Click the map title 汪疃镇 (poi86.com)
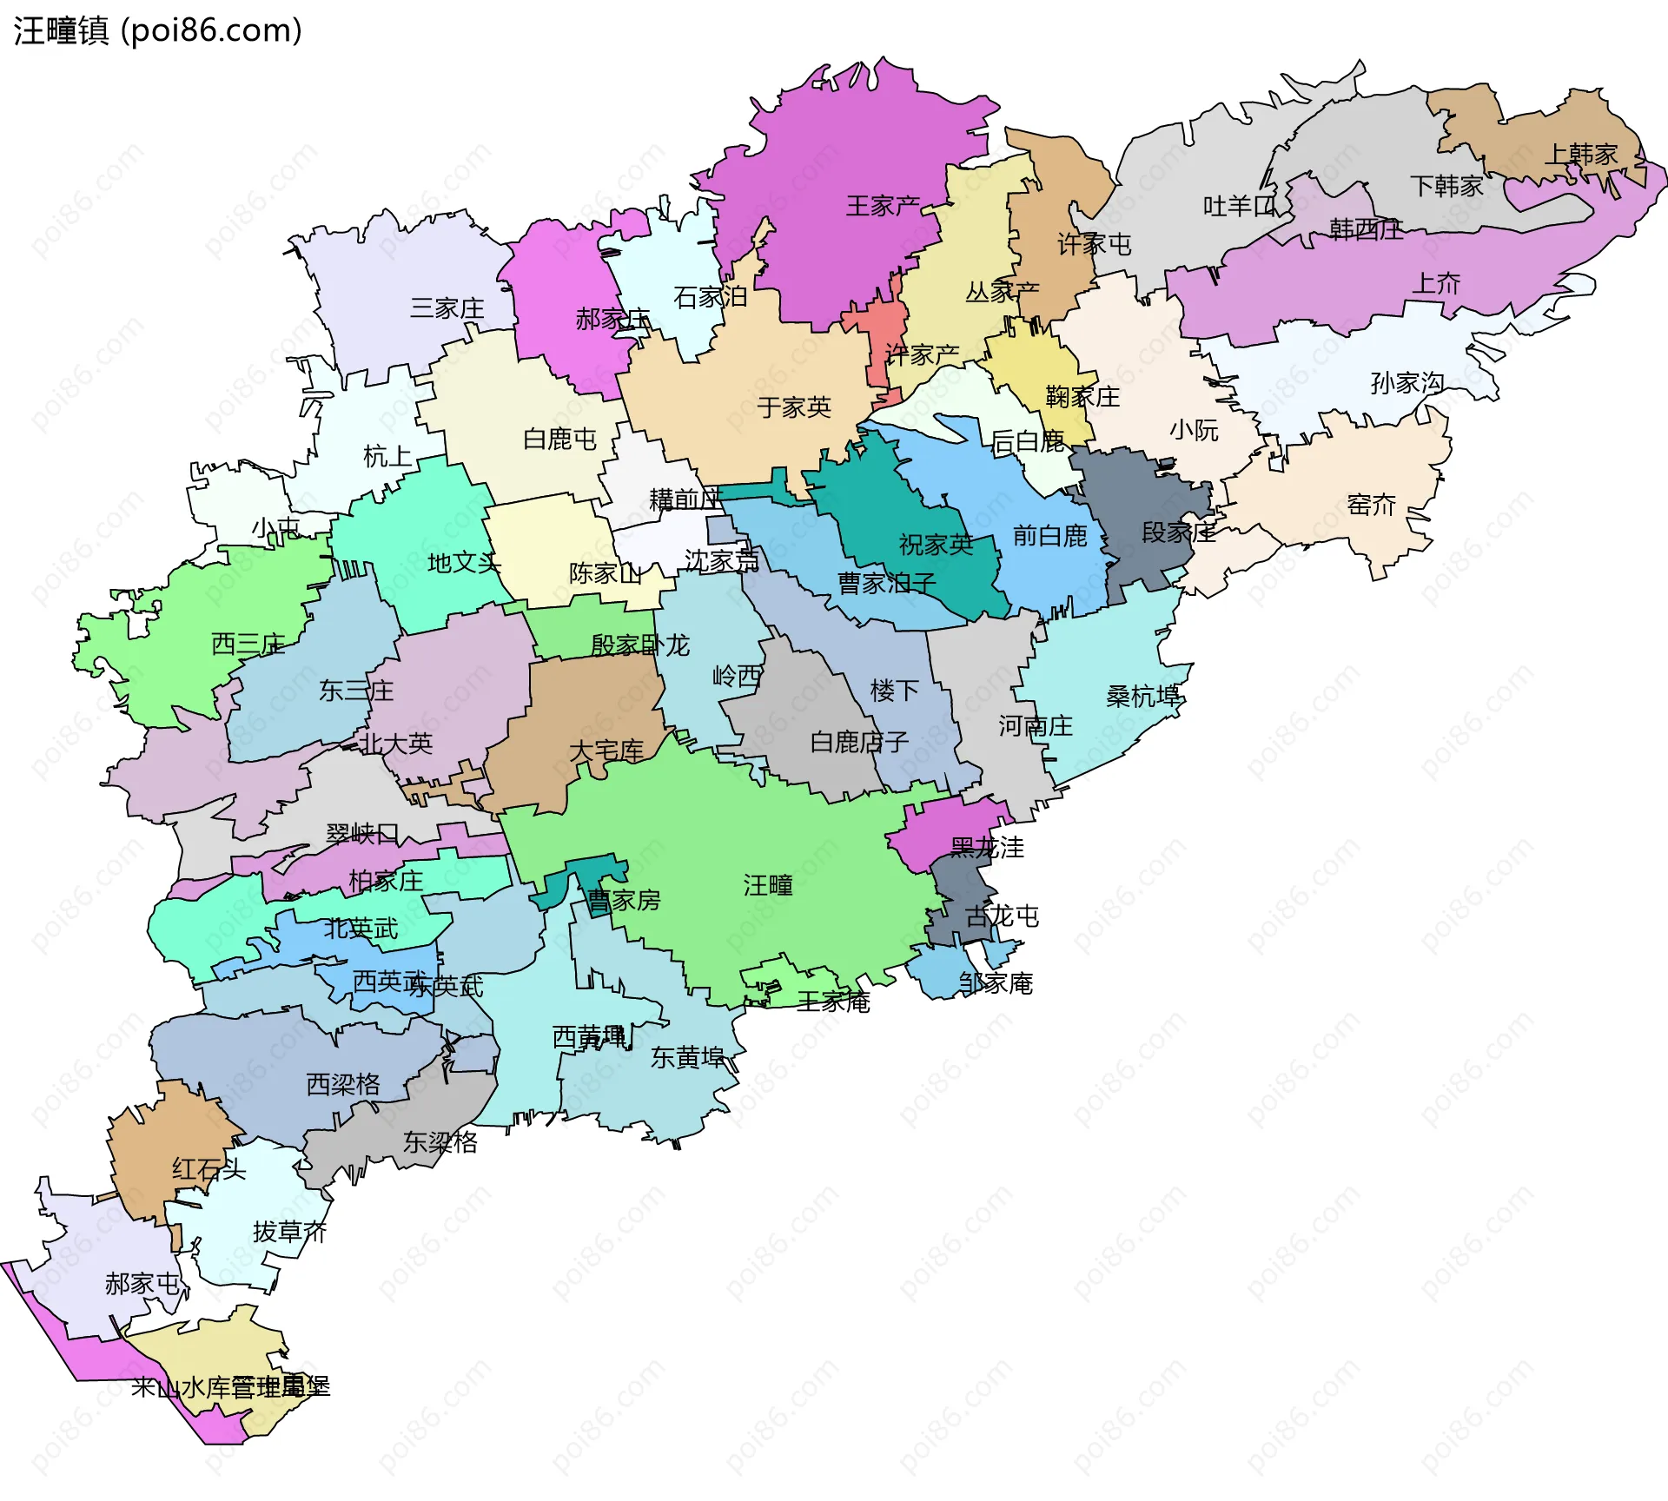click(157, 30)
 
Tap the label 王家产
click(883, 206)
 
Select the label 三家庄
click(447, 308)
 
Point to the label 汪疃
click(768, 885)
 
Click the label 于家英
click(793, 407)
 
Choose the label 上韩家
click(1581, 155)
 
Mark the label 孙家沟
click(1407, 382)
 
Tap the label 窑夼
click(1371, 504)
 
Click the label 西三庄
click(248, 644)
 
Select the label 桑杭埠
click(1142, 696)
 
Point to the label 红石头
click(208, 1169)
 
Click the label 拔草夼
click(289, 1232)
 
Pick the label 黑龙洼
click(987, 847)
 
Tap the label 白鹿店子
click(858, 742)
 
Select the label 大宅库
click(606, 750)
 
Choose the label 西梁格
click(342, 1084)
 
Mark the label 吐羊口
click(1239, 206)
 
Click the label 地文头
click(464, 563)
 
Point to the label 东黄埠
click(687, 1057)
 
